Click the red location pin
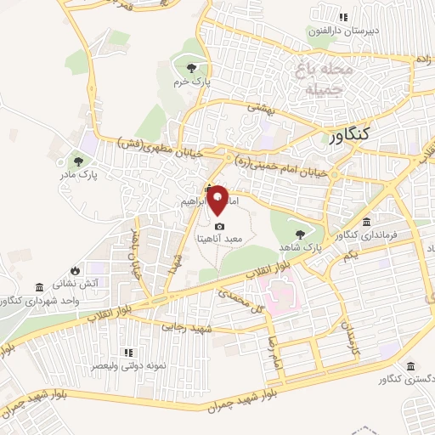pos(218,200)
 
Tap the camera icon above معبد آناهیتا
pos(220,227)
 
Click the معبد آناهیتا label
pos(220,240)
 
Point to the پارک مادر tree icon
pos(77,159)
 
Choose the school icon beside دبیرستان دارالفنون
pos(343,17)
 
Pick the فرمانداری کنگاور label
pos(365,234)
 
